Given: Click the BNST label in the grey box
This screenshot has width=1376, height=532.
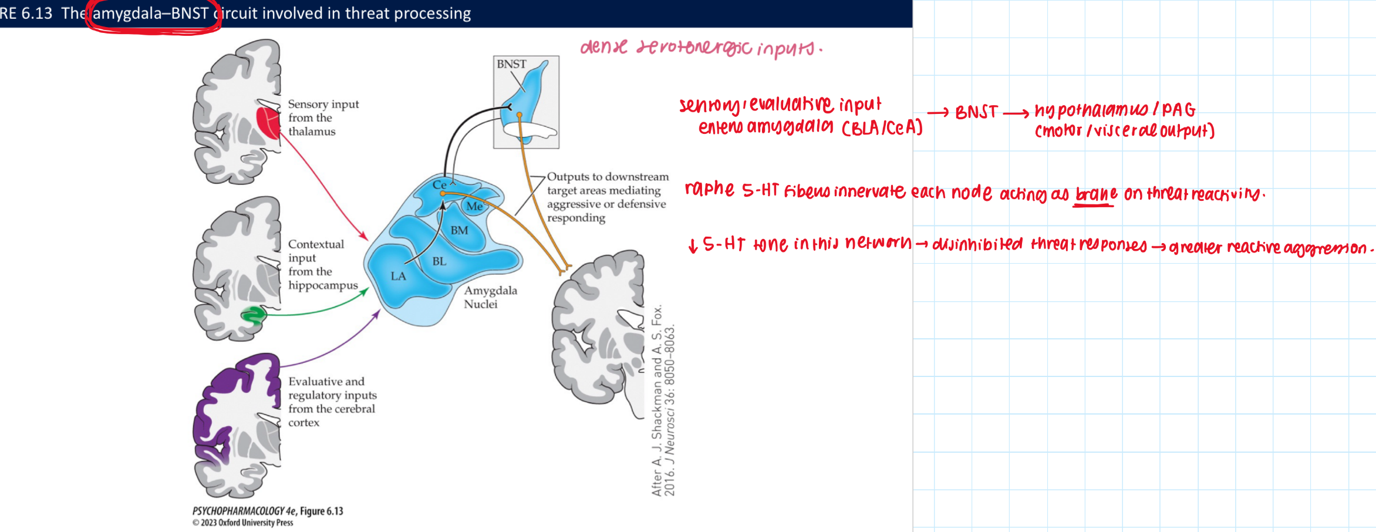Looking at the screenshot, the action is tap(511, 64).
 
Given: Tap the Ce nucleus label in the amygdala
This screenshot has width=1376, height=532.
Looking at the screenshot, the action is tap(439, 185).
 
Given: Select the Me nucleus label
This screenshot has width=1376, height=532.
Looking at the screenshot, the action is tap(474, 206).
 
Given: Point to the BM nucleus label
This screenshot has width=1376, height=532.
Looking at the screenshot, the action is tap(459, 231).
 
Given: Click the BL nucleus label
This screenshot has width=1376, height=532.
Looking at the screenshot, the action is tap(439, 261).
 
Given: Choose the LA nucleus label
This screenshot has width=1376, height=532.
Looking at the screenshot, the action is tap(398, 276).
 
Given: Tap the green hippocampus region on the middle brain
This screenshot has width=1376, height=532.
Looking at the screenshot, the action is tap(254, 316).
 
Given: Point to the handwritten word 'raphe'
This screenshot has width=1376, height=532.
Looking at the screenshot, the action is tap(709, 189).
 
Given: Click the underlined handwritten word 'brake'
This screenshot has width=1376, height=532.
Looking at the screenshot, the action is tap(1095, 194).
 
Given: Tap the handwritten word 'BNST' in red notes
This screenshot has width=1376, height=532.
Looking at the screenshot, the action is tap(976, 112).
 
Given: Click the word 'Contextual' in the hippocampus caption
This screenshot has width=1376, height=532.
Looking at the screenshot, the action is tap(316, 244).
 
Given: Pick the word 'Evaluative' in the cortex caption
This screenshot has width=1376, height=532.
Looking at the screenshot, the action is tap(326, 382).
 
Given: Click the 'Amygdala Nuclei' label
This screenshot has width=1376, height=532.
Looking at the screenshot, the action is tap(490, 297).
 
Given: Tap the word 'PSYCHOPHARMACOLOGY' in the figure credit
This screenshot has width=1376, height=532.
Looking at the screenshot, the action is tap(238, 511).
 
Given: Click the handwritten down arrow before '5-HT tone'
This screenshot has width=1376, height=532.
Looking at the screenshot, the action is tap(693, 245).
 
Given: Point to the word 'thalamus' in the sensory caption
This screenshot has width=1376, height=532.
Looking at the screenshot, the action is tap(312, 132).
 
